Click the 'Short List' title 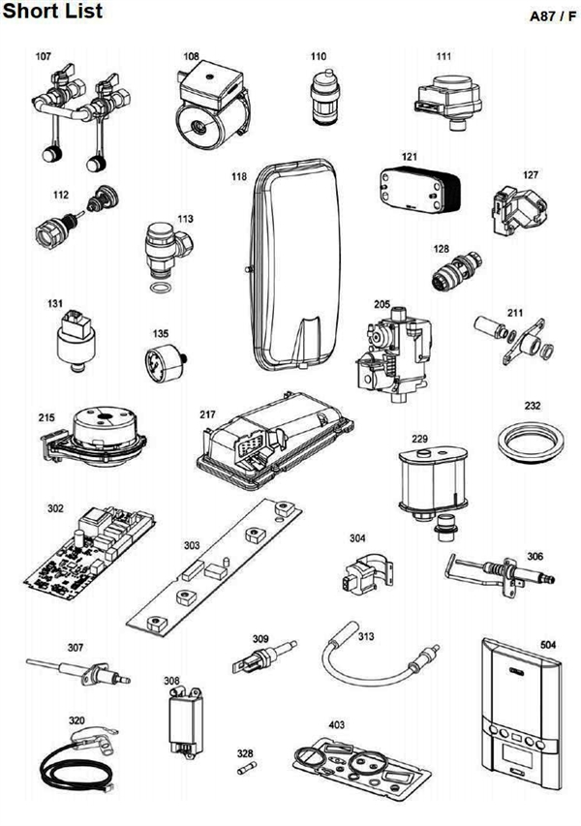click(x=51, y=12)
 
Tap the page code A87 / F click(x=548, y=16)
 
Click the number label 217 click(x=207, y=413)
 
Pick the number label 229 click(x=419, y=439)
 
